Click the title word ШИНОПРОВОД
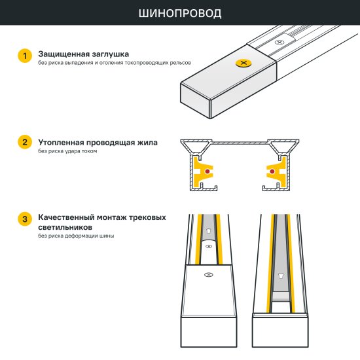tap(180, 13)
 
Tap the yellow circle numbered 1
tap(24, 56)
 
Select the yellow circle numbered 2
tap(24, 143)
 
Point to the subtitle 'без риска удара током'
tap(67, 151)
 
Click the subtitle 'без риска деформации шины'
tap(76, 236)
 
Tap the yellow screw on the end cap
tap(244, 63)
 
